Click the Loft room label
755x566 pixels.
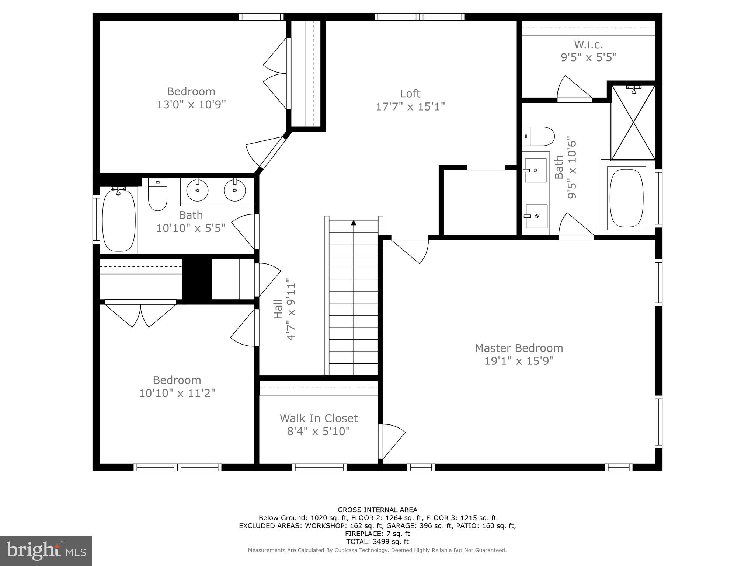(x=410, y=94)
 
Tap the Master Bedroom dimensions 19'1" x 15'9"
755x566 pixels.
(x=519, y=361)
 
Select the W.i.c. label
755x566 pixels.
(x=588, y=45)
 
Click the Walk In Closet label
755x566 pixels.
(x=319, y=418)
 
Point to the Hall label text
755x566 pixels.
(x=278, y=309)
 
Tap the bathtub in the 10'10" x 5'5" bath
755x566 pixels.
(x=119, y=220)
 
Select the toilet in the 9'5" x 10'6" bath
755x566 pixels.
(x=538, y=136)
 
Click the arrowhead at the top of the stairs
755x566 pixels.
(x=354, y=223)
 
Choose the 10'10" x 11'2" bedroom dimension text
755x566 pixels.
(x=177, y=393)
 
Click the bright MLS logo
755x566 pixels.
(x=46, y=551)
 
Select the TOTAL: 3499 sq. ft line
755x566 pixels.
(x=377, y=542)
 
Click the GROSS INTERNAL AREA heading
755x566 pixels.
(x=377, y=510)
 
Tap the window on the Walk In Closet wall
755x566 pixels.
(x=319, y=467)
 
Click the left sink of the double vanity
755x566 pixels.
(x=197, y=191)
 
